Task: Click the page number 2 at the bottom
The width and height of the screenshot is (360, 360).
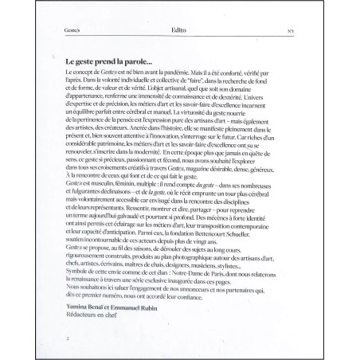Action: [69, 338]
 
